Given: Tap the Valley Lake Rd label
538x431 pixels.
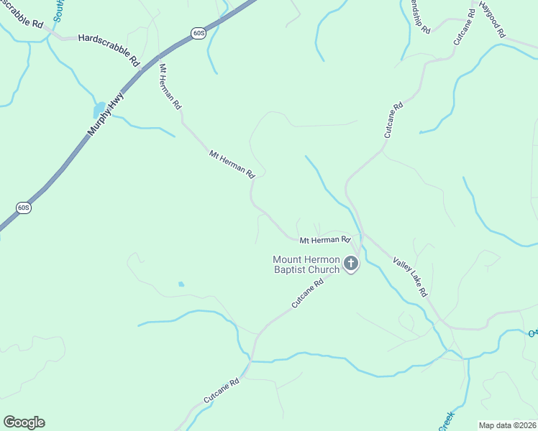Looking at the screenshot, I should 411,277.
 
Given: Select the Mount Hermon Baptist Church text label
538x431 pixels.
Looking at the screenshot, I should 306,264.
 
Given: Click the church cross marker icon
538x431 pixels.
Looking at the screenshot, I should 351,264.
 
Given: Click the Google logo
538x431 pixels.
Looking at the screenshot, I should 24,422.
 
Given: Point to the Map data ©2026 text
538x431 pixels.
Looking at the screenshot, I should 508,425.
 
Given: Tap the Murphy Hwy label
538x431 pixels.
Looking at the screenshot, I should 106,114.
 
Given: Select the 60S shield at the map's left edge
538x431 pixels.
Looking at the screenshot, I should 24,208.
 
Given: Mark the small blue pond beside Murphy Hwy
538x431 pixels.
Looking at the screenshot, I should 97,110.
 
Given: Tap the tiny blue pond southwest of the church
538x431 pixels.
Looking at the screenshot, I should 181,284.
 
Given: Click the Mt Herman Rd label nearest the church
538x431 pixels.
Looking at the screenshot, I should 324,239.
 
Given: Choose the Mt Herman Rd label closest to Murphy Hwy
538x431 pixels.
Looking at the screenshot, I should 170,86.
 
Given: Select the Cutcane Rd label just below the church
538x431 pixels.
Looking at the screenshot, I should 308,294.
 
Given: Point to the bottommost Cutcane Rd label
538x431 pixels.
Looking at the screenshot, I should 220,389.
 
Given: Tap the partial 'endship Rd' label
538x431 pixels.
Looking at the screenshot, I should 418,17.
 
